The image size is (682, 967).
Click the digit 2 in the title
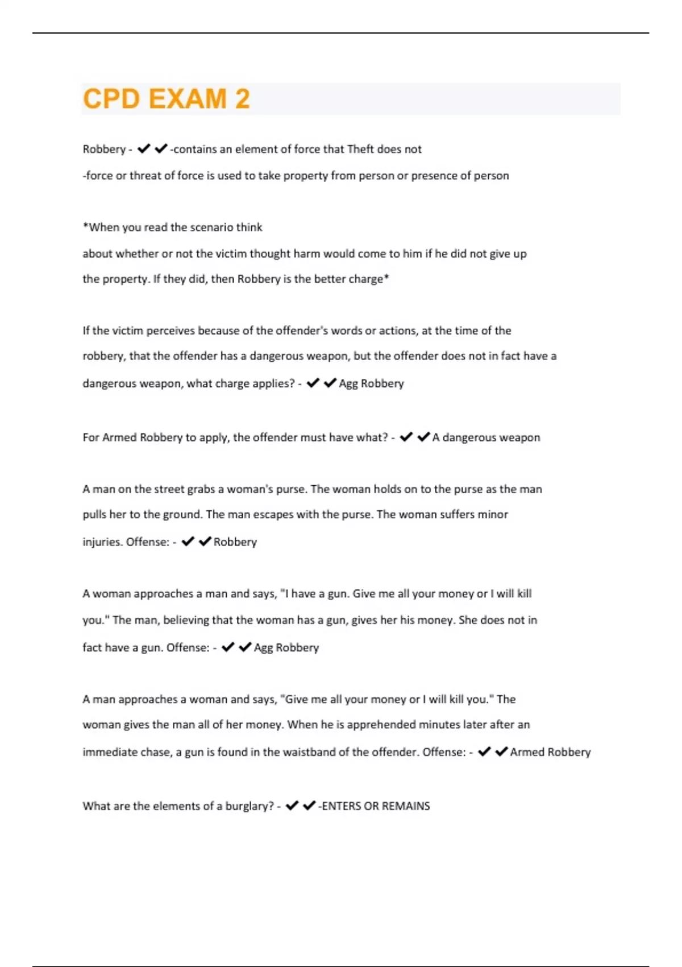242,99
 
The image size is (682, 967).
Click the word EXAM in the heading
188,99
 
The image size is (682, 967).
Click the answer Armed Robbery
550,752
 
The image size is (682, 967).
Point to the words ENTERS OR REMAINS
376,806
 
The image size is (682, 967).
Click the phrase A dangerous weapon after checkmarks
486,437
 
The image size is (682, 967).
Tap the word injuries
102,542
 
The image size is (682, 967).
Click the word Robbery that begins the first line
104,149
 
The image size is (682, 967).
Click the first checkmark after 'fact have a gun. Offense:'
228,647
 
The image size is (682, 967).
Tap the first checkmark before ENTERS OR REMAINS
292,805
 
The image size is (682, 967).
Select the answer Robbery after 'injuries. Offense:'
235,542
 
